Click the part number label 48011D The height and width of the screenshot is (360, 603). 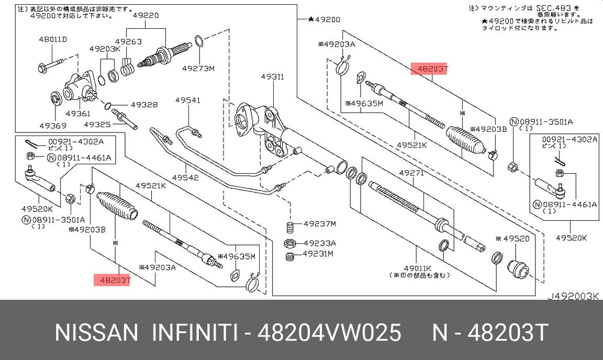tap(53, 39)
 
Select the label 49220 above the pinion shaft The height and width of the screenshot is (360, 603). tap(145, 16)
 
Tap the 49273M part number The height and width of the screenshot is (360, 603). tap(198, 68)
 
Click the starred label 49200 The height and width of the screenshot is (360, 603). tap(325, 19)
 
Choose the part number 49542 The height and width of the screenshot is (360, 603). tap(185, 177)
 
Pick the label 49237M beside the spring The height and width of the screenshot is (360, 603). tap(319, 224)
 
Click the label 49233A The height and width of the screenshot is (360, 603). tap(319, 243)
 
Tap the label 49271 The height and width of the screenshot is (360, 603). tap(412, 172)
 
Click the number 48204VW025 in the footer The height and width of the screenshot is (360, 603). tap(329, 333)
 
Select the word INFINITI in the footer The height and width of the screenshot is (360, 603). tap(195, 333)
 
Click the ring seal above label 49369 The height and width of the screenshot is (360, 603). tap(54, 97)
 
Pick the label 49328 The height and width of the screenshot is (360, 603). tap(144, 105)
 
